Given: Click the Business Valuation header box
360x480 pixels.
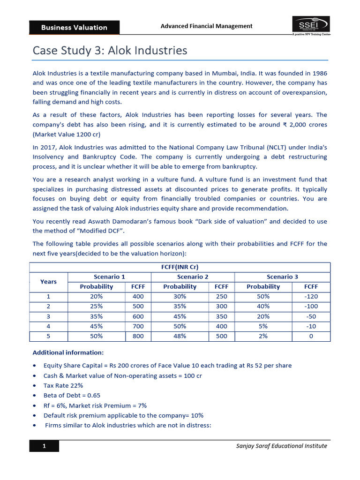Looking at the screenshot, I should point(74,27).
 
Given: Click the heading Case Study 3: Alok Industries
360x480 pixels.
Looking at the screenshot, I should point(110,50).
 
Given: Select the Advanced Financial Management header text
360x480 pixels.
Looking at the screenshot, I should point(206,26).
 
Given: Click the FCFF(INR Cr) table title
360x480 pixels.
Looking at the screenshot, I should point(180,267).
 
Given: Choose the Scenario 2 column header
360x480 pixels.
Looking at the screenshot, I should point(193,277).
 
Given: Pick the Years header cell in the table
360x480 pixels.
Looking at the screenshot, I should point(48,282).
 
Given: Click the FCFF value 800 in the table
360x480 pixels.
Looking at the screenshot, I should point(138,336).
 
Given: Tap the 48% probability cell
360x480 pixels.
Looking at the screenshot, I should point(180,336).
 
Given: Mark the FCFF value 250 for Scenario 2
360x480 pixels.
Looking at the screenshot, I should point(221,296).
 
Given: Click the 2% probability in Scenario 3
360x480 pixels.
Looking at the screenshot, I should point(263,336).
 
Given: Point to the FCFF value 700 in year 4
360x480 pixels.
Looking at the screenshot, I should point(138,326).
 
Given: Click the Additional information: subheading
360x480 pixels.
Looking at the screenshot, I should point(68,352).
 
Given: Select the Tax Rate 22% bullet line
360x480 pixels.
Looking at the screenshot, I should point(63,385).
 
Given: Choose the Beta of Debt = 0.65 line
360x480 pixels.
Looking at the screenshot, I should point(72,395).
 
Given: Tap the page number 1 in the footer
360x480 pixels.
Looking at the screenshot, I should point(44,446).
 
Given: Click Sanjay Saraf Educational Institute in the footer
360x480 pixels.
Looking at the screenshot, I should point(281,446).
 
